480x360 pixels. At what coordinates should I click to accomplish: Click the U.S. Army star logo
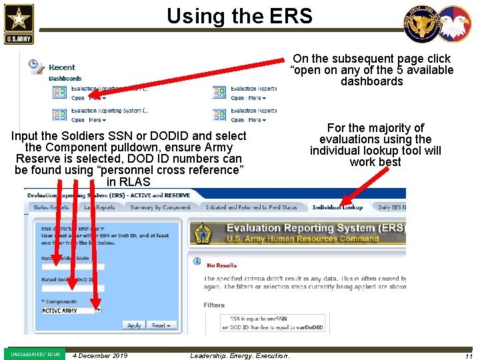pyautogui.click(x=18, y=23)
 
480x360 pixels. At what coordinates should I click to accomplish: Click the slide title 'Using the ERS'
pyautogui.click(x=239, y=15)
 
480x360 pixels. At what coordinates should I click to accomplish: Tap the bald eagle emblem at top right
pyautogui.click(x=455, y=25)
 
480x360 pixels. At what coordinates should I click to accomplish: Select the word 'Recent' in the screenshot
pyautogui.click(x=62, y=67)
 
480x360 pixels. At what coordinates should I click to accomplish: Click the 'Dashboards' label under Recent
pyautogui.click(x=65, y=79)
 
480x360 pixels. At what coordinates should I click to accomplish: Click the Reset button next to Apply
pyautogui.click(x=162, y=325)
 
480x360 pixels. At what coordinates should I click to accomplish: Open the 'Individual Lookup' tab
pyautogui.click(x=337, y=207)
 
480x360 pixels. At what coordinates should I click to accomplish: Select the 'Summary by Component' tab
pyautogui.click(x=161, y=207)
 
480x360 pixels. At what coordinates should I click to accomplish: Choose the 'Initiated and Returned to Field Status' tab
pyautogui.click(x=251, y=207)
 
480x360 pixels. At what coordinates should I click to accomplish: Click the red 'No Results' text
pyautogui.click(x=222, y=265)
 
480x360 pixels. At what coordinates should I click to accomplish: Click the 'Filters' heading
pyautogui.click(x=215, y=305)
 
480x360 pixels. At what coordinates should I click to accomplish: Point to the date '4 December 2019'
pyautogui.click(x=100, y=355)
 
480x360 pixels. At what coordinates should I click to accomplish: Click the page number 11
pyautogui.click(x=469, y=356)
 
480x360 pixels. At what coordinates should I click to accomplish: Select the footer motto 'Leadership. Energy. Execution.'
pyautogui.click(x=239, y=355)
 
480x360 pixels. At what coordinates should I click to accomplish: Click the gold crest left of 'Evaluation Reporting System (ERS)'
pyautogui.click(x=203, y=233)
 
